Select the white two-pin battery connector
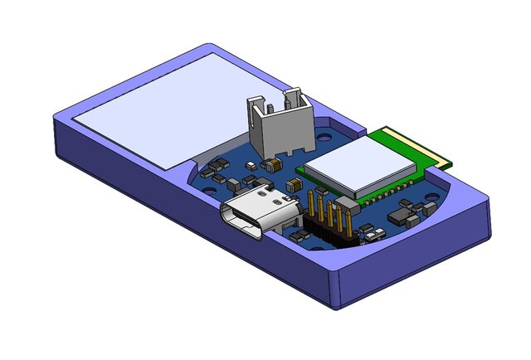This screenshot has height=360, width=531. (x=275, y=129)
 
